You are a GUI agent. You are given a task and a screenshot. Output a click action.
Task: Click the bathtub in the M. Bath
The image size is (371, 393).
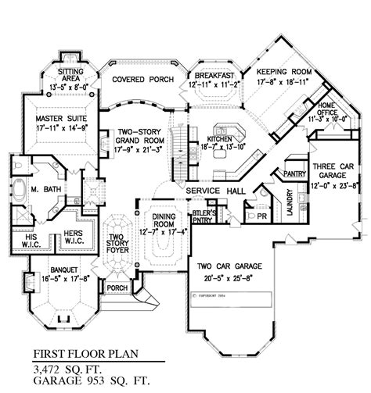[x=21, y=190]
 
